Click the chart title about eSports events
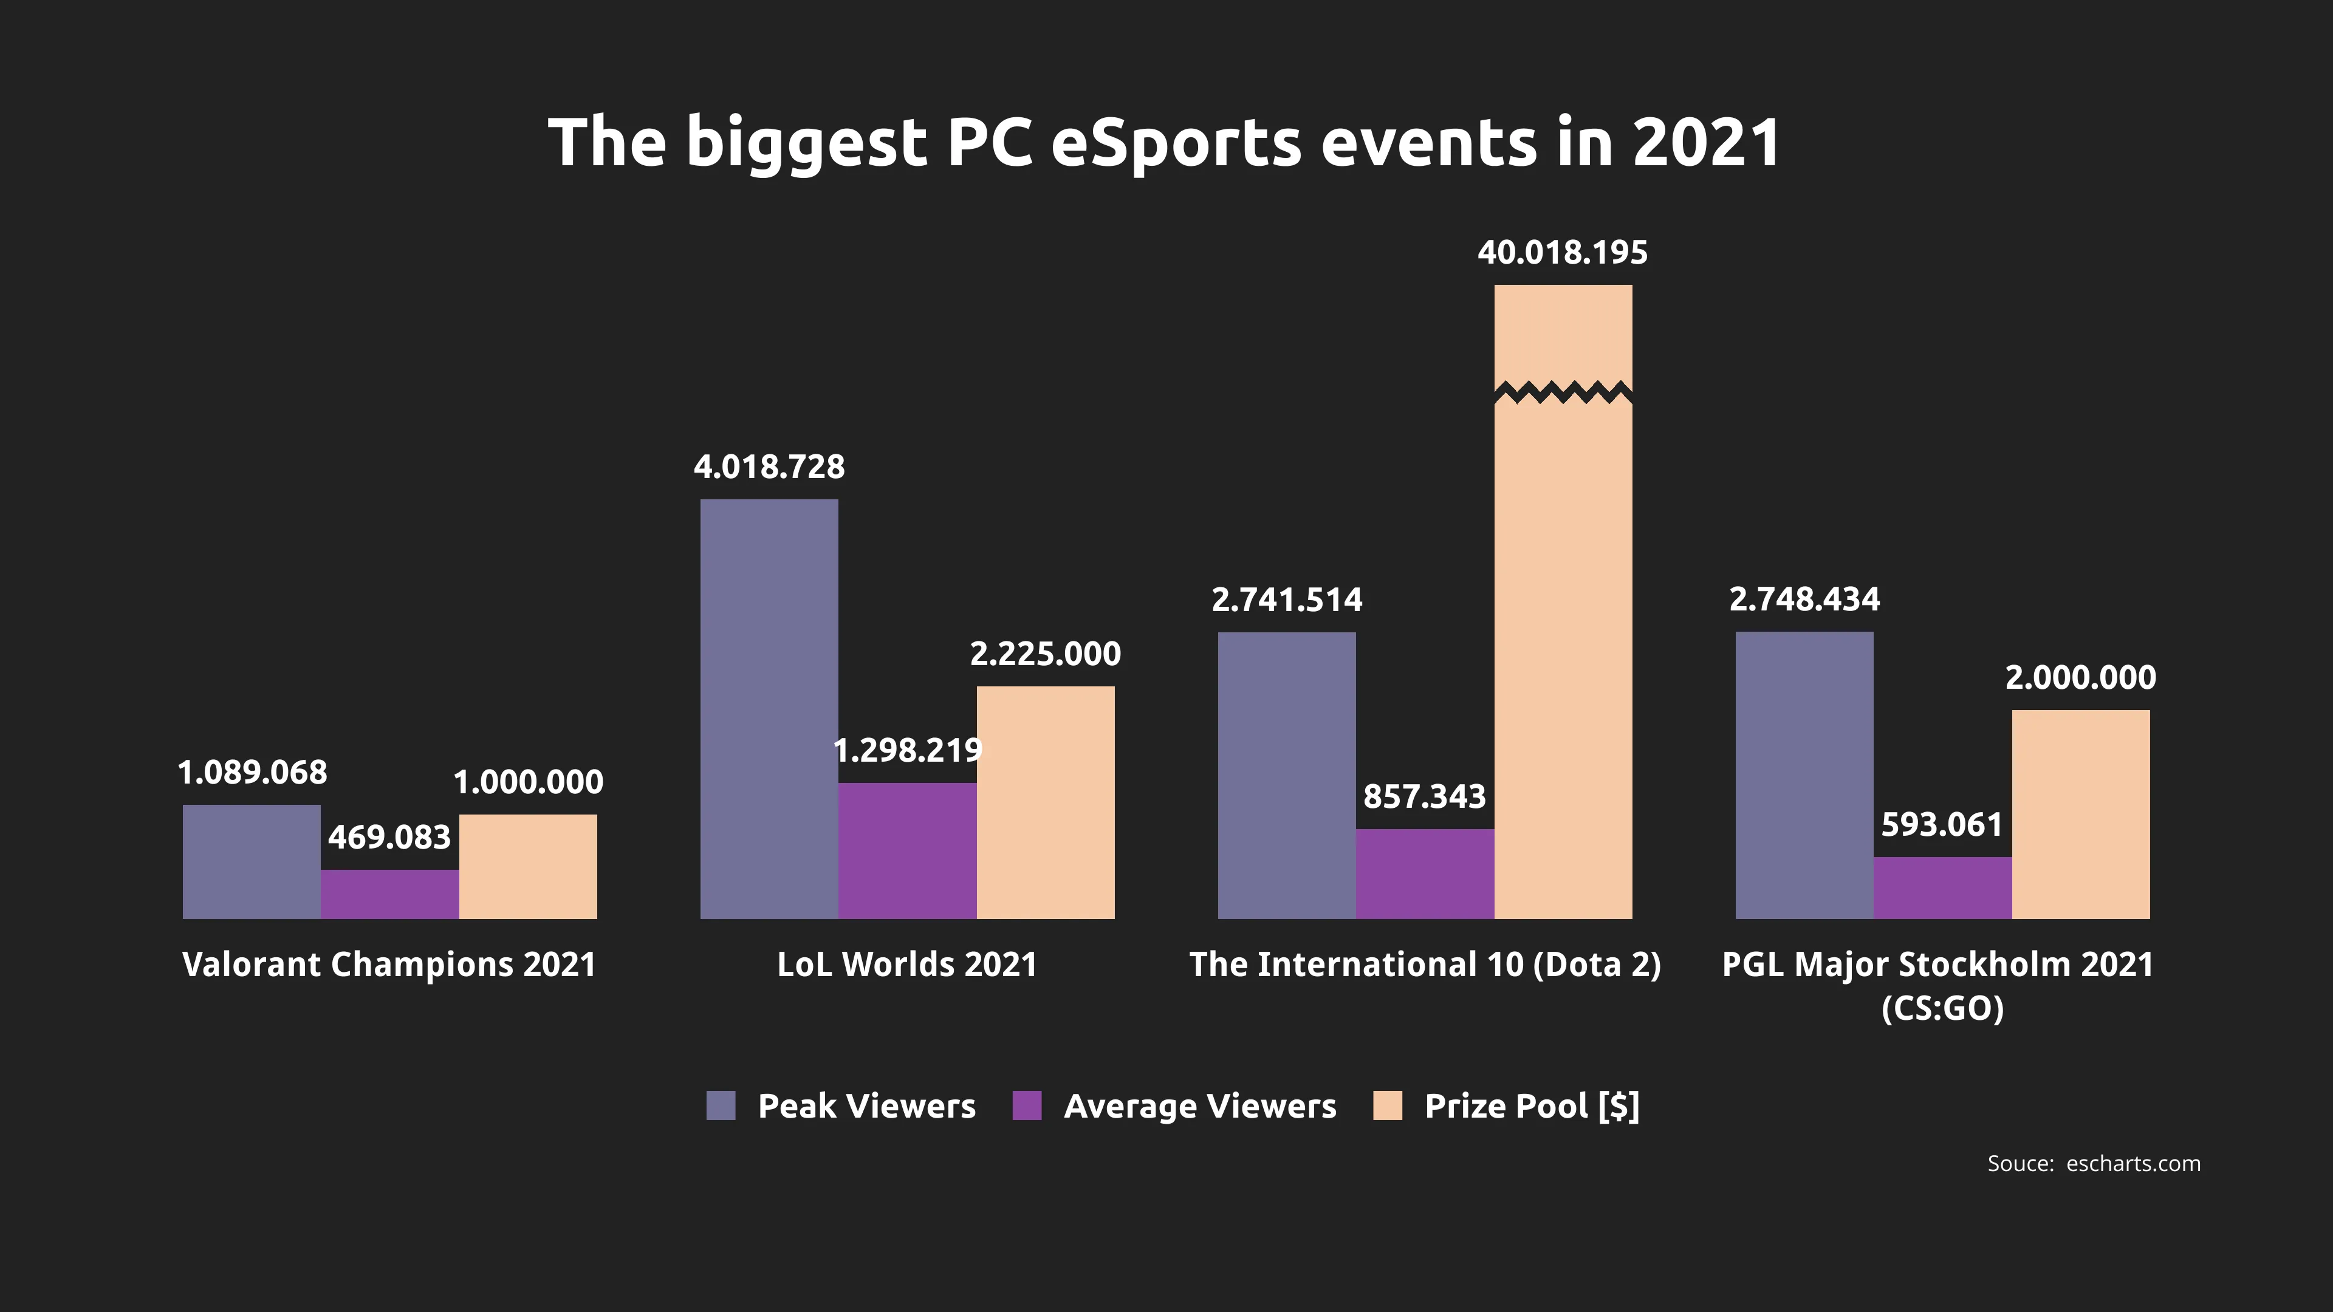point(1165,143)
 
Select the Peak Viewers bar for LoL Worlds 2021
point(769,709)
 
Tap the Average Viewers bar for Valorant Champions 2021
point(389,895)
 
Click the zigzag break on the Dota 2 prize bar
point(1563,393)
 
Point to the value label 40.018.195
point(1563,253)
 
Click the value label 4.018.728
point(769,467)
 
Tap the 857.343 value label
point(1425,797)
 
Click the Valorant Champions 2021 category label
point(389,965)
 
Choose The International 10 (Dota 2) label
point(1425,965)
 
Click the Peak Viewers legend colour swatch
point(721,1105)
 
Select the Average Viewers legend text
point(1200,1105)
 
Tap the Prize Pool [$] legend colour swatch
point(1388,1105)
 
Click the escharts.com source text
point(2133,1164)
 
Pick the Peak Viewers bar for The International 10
point(1286,775)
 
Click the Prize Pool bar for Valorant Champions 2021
point(528,867)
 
